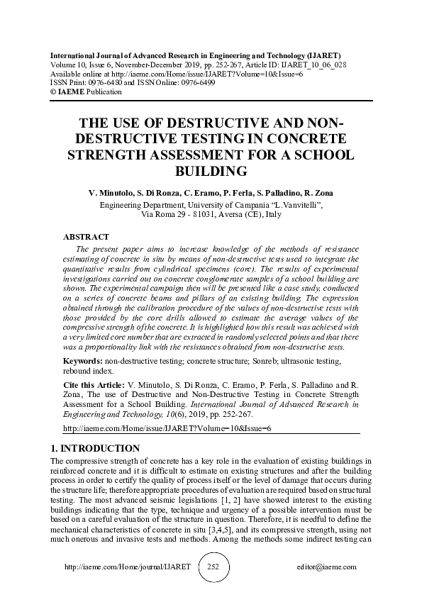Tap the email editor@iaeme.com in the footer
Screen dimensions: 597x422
pos(327,567)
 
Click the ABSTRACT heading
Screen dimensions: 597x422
pos(86,236)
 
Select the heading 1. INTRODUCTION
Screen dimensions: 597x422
pos(96,448)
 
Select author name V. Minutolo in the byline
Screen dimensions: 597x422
pos(113,193)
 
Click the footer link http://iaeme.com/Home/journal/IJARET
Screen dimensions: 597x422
pos(128,567)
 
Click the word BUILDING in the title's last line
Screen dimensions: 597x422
pos(211,171)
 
